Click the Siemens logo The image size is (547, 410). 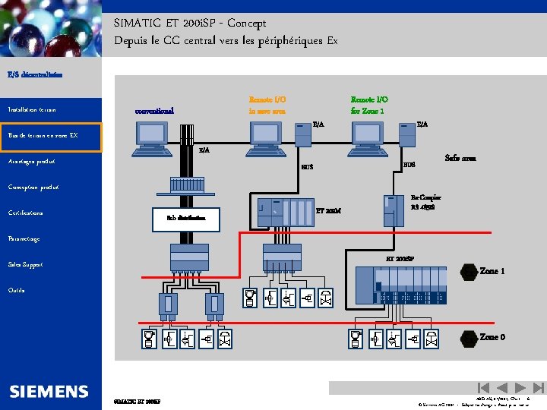point(49,391)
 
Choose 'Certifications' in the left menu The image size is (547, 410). point(26,213)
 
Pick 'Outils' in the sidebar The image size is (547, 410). point(16,290)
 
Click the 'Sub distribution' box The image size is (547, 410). point(185,219)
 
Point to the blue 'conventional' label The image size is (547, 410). point(154,111)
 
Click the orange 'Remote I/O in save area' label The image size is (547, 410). point(267,105)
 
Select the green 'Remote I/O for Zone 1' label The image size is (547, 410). point(369,105)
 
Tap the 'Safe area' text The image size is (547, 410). point(460,159)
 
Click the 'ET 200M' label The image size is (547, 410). point(327,210)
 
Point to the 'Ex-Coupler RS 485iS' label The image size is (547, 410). point(425,201)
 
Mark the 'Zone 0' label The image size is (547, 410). point(492,336)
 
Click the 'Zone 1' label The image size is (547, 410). point(492,270)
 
